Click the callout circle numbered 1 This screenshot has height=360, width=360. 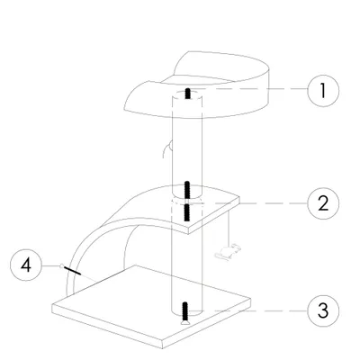coord(325,90)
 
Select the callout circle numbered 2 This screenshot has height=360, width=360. coord(325,202)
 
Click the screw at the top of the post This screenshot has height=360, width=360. coord(186,94)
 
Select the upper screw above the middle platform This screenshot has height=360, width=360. coord(186,190)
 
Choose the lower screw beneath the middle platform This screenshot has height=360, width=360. coord(186,212)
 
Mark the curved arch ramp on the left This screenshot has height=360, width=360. coord(99,234)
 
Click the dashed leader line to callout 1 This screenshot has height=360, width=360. coord(252,90)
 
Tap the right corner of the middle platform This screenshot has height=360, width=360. coord(243,204)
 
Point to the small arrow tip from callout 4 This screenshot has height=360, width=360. coord(61,265)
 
